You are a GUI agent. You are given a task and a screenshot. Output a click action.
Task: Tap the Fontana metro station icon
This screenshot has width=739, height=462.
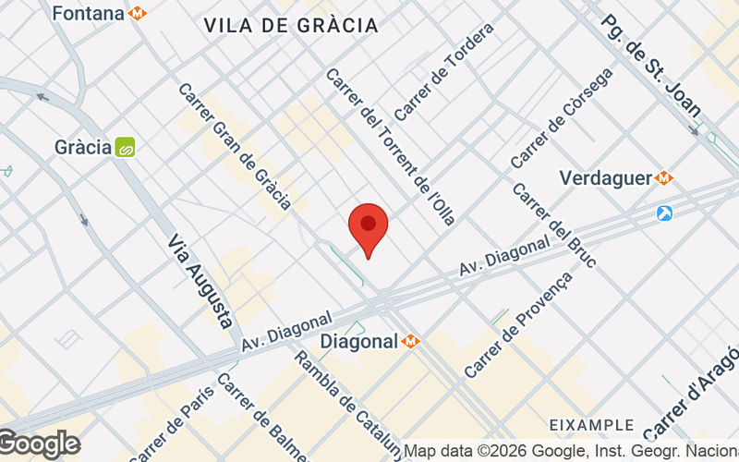tap(138, 14)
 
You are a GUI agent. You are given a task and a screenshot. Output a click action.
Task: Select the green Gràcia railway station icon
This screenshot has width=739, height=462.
tap(125, 147)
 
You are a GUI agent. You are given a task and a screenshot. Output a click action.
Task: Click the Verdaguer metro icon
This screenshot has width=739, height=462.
tap(664, 177)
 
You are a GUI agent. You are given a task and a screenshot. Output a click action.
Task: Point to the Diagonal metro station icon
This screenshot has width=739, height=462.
tap(411, 341)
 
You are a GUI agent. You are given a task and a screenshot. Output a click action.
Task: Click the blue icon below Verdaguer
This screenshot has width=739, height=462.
tap(664, 213)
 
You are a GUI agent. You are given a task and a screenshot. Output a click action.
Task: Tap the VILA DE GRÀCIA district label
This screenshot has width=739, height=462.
tap(291, 26)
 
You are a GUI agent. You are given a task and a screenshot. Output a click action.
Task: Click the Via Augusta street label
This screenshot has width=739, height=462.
tap(200, 281)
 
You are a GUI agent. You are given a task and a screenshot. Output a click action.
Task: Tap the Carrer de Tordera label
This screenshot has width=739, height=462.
tap(443, 71)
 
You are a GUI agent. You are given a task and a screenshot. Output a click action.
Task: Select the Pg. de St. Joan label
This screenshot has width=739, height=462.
tap(650, 65)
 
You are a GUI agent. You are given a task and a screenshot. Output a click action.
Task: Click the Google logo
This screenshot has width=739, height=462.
tap(39, 444)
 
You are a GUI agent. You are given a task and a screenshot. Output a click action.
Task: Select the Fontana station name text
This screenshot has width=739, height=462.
tap(88, 14)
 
